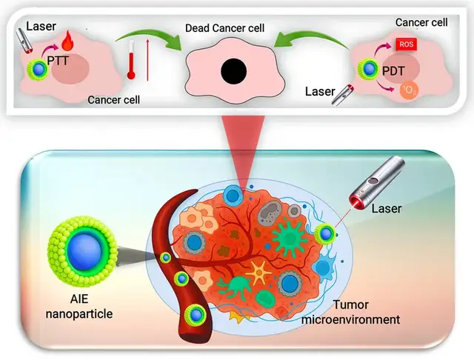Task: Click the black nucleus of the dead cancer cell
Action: [233, 72]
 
